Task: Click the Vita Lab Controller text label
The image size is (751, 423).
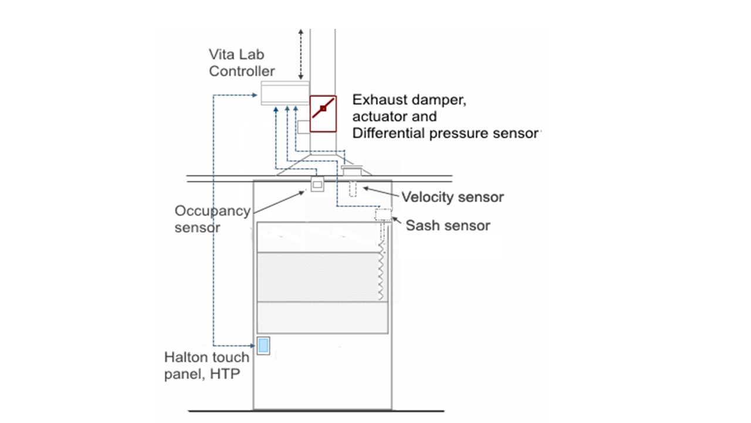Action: click(x=242, y=63)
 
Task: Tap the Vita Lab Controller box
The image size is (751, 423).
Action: click(x=285, y=93)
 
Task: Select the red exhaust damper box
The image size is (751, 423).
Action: click(x=323, y=113)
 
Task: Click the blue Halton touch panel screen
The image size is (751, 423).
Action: click(x=263, y=345)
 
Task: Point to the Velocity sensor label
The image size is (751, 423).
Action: click(x=452, y=197)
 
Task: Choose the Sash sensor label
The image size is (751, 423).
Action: click(x=448, y=225)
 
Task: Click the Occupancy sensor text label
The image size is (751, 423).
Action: click(x=212, y=219)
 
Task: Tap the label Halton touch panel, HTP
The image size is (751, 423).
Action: click(x=207, y=365)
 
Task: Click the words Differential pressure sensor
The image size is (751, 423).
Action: click(x=445, y=133)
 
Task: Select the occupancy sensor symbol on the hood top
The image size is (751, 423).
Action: click(x=317, y=184)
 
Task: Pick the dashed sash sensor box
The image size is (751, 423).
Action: click(x=383, y=214)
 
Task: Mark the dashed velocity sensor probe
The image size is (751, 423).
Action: click(x=353, y=189)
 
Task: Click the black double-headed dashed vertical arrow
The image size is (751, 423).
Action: click(x=301, y=55)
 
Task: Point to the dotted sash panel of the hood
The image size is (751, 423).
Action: click(x=318, y=277)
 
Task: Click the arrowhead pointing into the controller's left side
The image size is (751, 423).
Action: click(x=255, y=95)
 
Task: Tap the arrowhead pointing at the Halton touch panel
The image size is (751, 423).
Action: click(x=252, y=345)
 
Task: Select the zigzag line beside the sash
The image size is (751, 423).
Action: click(x=381, y=272)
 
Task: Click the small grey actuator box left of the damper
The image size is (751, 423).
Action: click(x=303, y=127)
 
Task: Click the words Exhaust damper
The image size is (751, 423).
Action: click(x=409, y=100)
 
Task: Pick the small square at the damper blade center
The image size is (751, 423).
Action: click(x=323, y=109)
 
